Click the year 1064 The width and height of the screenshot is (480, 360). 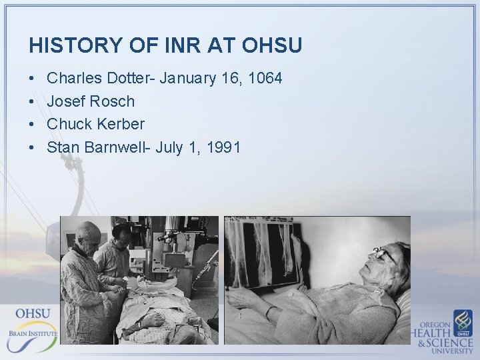pyautogui.click(x=265, y=79)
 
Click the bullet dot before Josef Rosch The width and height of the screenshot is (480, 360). pyautogui.click(x=33, y=102)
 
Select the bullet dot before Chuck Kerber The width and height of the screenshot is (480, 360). pyautogui.click(x=33, y=125)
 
